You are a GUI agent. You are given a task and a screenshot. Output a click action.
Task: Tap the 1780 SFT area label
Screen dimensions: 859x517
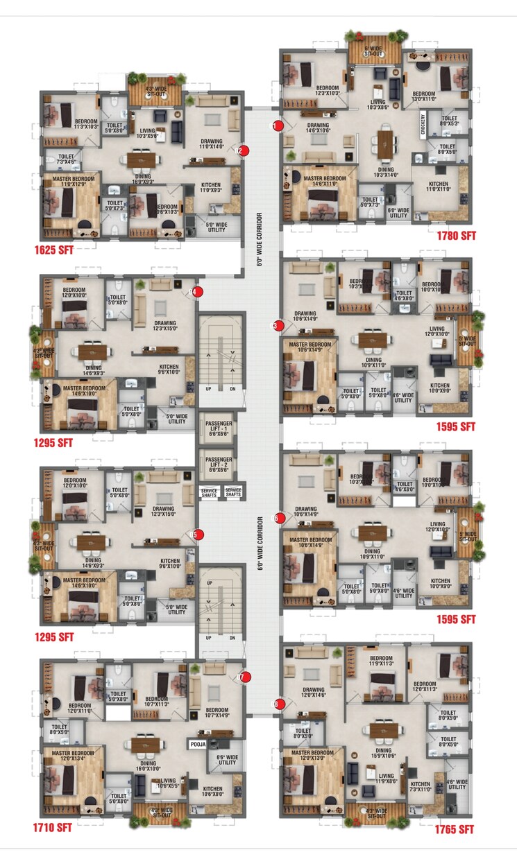point(456,236)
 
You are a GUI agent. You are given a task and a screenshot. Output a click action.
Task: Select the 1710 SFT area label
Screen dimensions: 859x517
point(53,827)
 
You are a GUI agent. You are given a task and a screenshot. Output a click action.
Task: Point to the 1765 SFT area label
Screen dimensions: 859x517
point(455,829)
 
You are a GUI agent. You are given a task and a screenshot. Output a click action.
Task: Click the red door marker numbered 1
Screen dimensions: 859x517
point(277,126)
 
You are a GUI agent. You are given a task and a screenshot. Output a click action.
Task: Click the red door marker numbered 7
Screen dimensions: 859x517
point(244,677)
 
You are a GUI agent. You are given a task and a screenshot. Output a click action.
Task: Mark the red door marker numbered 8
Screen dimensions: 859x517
point(278,704)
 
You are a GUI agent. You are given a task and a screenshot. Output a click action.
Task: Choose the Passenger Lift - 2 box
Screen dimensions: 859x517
point(215,464)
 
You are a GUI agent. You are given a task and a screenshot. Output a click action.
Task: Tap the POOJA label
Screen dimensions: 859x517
point(197,743)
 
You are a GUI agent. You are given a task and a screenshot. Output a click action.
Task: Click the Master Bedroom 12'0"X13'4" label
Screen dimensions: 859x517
point(72,756)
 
